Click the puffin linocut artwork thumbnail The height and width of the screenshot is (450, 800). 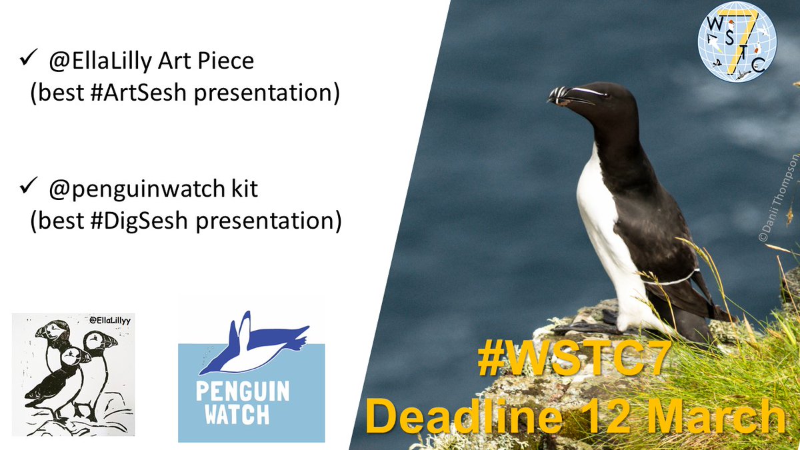[73, 374]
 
